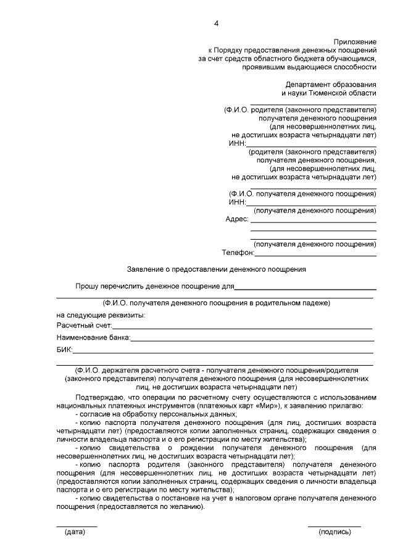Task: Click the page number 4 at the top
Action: click(x=216, y=23)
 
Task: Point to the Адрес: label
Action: click(x=238, y=219)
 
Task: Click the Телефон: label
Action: click(x=238, y=253)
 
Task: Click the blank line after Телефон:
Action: click(x=315, y=254)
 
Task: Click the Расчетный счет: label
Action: click(x=84, y=325)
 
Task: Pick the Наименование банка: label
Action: click(x=93, y=338)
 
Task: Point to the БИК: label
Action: click(x=64, y=350)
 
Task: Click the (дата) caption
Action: click(x=75, y=531)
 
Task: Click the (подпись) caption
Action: click(x=335, y=531)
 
